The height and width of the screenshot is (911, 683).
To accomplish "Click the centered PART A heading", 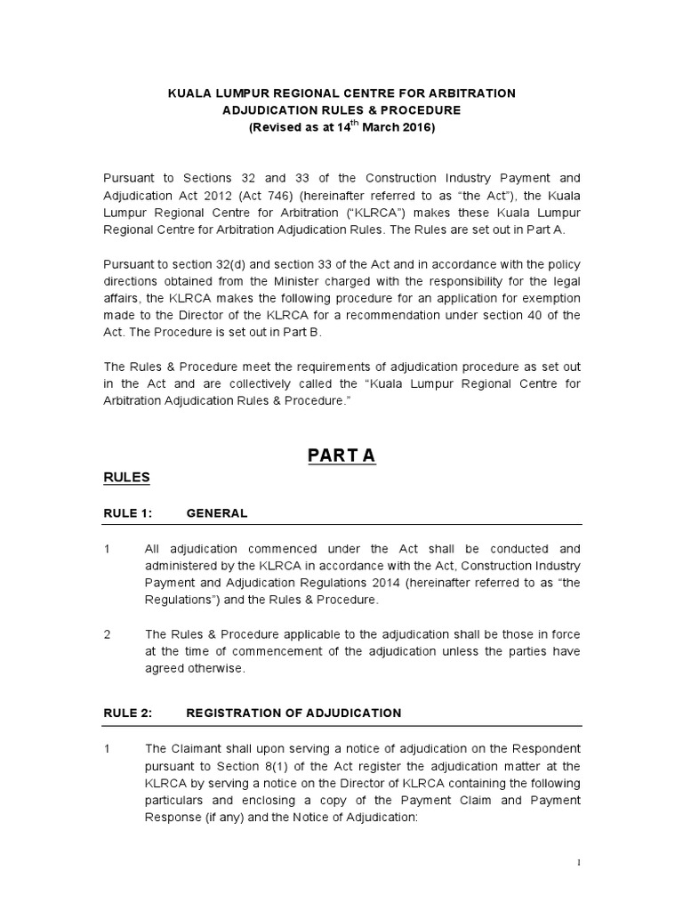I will tap(341, 455).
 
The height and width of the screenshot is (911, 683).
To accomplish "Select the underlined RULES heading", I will tap(126, 478).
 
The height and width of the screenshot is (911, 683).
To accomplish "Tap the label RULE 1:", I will tap(128, 513).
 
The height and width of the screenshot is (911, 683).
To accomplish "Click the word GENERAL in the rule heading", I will tap(217, 513).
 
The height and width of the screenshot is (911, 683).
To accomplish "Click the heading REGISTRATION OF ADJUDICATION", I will tap(293, 713).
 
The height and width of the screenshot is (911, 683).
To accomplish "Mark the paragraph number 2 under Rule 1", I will tap(107, 634).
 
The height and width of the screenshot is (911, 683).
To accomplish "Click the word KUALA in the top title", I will tap(189, 93).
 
